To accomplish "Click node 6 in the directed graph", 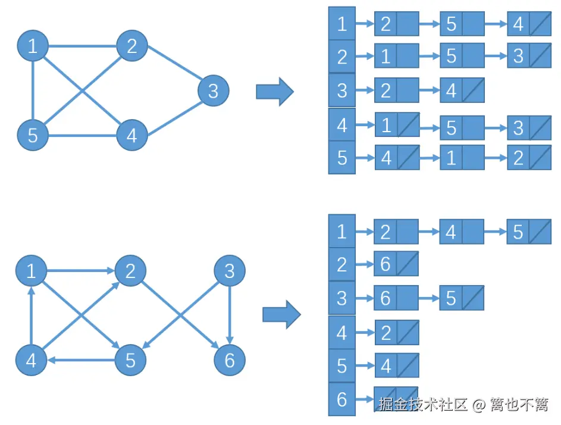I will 230,360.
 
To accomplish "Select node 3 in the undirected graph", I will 213,91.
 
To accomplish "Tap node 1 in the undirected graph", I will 32,46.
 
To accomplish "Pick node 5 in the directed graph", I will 130,360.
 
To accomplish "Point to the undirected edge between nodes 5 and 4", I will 82,136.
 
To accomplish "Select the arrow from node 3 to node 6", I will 230,315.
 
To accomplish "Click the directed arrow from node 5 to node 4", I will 81,360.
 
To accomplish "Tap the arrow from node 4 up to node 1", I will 32,315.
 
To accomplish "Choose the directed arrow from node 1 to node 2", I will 80,271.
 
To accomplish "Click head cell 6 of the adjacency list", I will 341,399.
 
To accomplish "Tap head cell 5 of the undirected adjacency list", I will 341,158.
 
